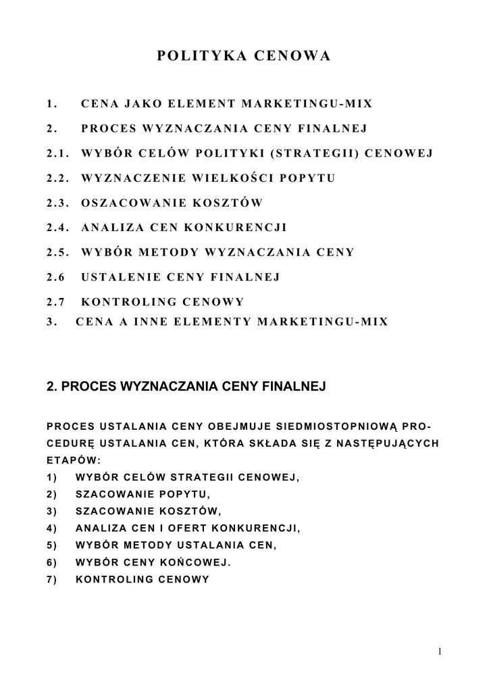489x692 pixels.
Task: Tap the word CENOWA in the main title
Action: [x=292, y=56]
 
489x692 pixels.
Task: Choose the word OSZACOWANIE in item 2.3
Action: [x=127, y=203]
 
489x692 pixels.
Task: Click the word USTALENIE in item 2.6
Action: [x=120, y=277]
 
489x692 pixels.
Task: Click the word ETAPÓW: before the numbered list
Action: [x=74, y=461]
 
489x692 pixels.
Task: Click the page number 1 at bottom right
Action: [x=439, y=651]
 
